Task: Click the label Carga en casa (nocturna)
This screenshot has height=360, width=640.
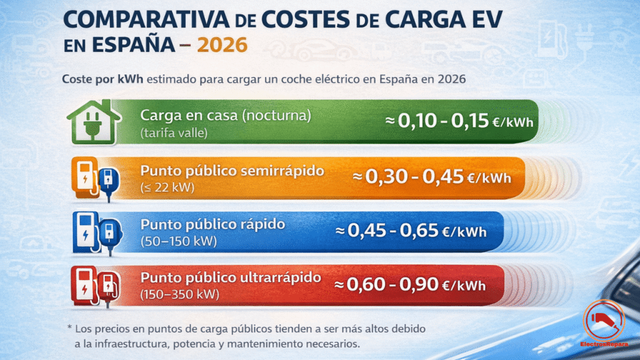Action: click(226, 116)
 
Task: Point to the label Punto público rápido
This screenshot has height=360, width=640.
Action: click(212, 224)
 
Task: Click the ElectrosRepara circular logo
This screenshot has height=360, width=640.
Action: click(604, 324)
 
